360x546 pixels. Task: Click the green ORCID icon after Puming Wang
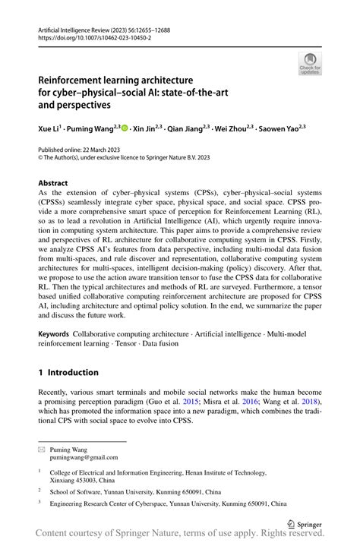pyautogui.click(x=125, y=129)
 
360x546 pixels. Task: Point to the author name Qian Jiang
pyautogui.click(x=187, y=129)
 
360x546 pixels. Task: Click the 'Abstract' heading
pyautogui.click(x=52, y=184)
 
